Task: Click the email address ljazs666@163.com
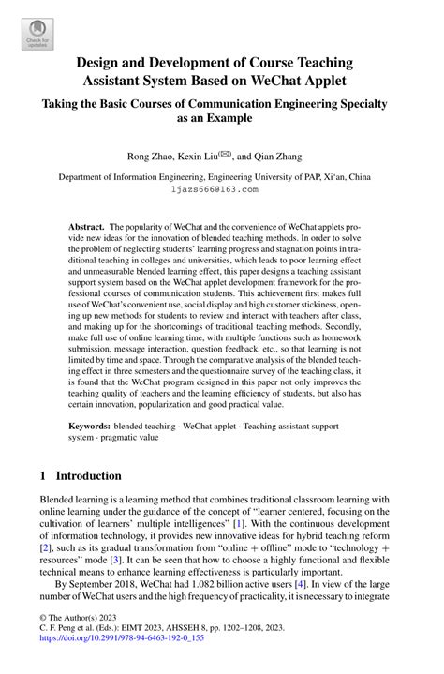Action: [215, 188]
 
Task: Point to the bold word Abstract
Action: [87, 227]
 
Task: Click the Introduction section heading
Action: [88, 475]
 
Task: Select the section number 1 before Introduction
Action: [43, 475]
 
